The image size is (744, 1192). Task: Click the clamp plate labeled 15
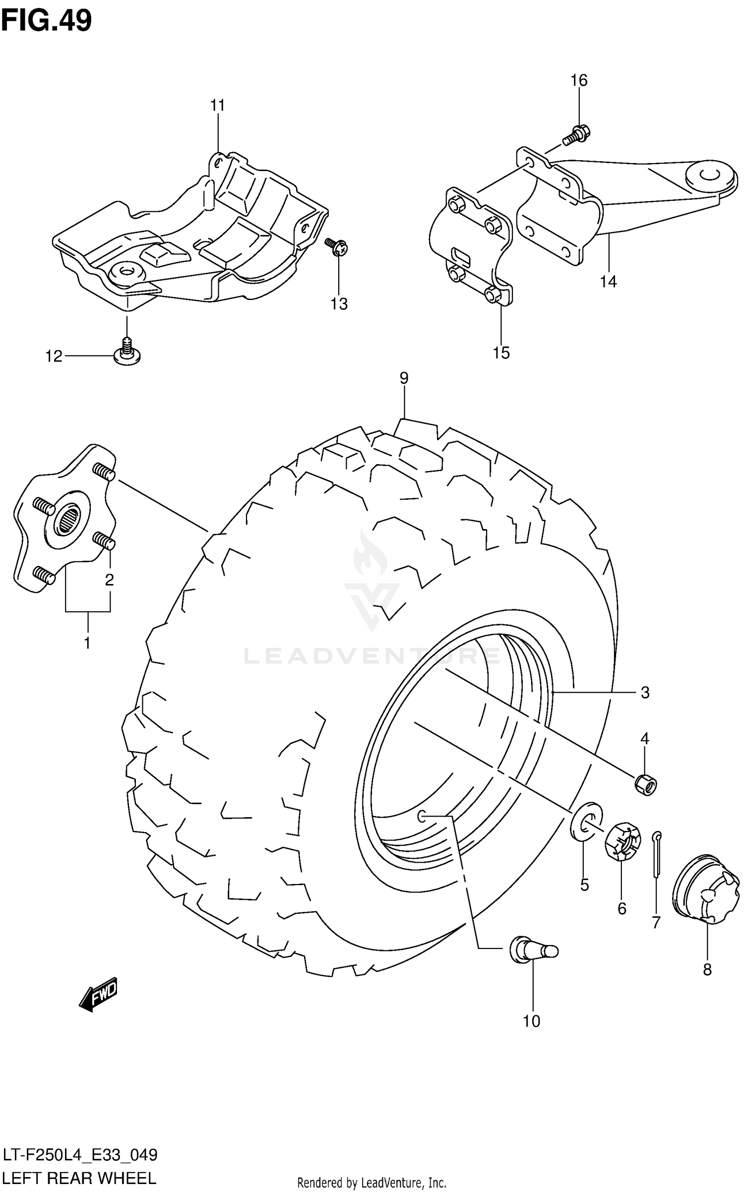[x=471, y=248]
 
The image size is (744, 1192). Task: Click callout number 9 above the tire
[x=404, y=378]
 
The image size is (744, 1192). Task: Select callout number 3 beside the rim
[x=645, y=692]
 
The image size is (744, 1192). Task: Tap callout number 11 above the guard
[x=217, y=106]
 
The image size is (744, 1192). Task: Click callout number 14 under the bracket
[x=608, y=282]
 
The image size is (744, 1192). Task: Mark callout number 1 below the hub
[x=87, y=643]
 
